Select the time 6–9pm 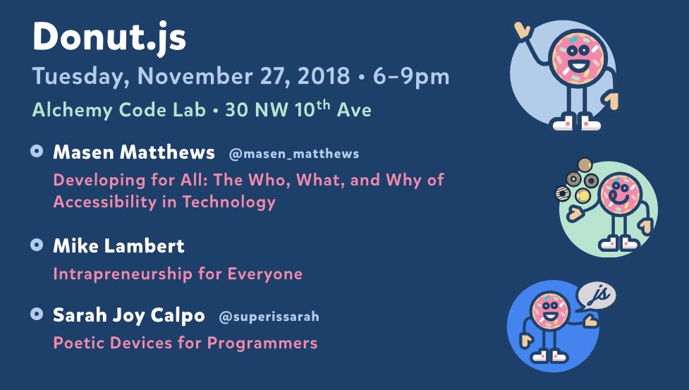pos(411,77)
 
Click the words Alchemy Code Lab pos(119,110)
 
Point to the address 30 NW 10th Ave pos(298,109)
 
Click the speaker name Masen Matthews pos(134,152)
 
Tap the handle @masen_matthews pos(294,154)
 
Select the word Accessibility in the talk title pos(105,202)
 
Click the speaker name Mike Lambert pos(118,246)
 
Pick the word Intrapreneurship pos(123,274)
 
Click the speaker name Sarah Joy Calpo pos(129,316)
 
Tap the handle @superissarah pos(269,317)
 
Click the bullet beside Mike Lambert pos(37,245)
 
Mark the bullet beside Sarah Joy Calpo pos(37,314)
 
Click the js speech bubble pos(596,295)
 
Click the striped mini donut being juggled pos(563,194)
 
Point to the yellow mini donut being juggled pos(583,195)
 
